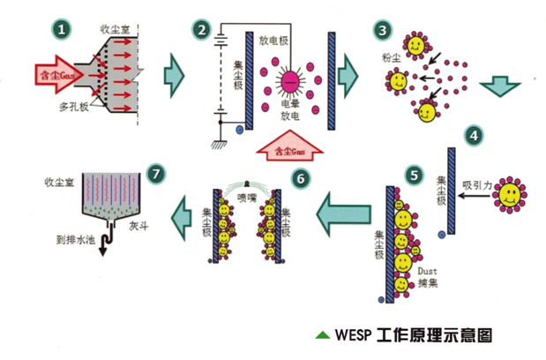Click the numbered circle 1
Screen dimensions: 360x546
(61, 30)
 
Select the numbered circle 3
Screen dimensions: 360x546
(382, 30)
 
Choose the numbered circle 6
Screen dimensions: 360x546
(302, 178)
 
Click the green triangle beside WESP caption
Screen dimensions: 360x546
(323, 335)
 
